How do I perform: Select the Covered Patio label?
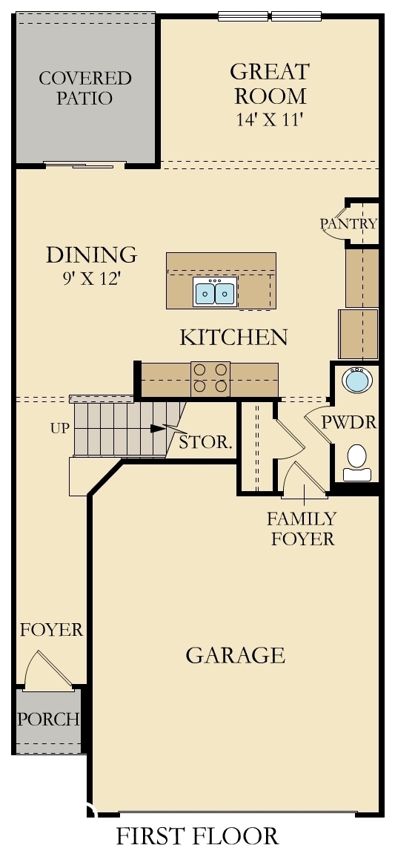coord(84,88)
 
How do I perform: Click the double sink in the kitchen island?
coord(215,293)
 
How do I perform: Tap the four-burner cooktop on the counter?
coord(210,378)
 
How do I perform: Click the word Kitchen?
coord(233,338)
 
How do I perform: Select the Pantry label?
coord(348,223)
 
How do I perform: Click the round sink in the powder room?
coord(356,381)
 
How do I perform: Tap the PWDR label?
coord(349,423)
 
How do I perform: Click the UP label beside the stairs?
coord(60,428)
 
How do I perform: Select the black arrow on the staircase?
coord(156,428)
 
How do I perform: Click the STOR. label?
coord(206,444)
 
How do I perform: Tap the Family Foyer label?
coord(302,528)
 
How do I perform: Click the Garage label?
coord(235,655)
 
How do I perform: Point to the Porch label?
coord(48,719)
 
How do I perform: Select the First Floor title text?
coord(197,836)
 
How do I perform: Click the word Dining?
coord(91,254)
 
